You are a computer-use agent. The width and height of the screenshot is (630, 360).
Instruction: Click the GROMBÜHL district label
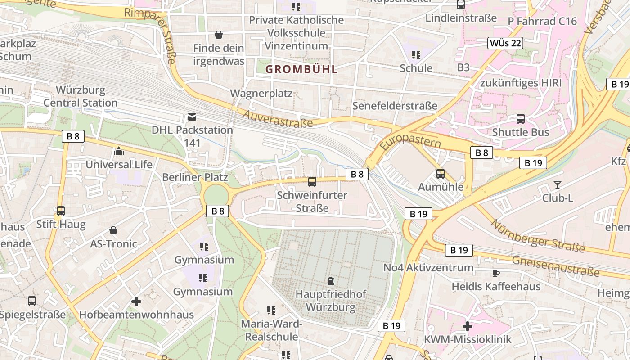[x=301, y=69]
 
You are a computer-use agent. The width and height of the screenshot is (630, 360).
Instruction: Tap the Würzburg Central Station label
[x=81, y=96]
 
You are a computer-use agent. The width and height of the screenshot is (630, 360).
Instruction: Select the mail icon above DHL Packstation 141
[x=192, y=117]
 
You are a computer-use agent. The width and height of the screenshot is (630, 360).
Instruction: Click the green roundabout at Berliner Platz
[x=216, y=195]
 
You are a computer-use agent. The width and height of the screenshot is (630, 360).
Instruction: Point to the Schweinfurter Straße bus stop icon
[x=312, y=182]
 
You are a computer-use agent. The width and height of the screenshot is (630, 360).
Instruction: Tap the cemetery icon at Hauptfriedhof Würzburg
[x=331, y=281]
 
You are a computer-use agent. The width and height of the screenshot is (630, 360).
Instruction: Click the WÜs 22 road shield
[x=505, y=43]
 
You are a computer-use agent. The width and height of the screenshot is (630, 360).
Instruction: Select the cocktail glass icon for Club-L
[x=558, y=185]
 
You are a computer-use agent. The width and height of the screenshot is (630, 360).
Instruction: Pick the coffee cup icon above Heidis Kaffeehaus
[x=495, y=273]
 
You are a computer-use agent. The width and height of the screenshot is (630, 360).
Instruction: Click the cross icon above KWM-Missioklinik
[x=468, y=326]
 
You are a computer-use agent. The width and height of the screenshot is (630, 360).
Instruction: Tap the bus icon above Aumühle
[x=440, y=174]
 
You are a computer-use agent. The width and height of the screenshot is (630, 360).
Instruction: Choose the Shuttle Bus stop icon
[x=520, y=119]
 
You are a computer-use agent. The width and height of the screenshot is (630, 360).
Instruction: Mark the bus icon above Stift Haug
[x=60, y=211]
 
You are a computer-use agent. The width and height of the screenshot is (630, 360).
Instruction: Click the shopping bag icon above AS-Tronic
[x=113, y=230]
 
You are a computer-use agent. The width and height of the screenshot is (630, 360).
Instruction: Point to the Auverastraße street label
[x=278, y=118]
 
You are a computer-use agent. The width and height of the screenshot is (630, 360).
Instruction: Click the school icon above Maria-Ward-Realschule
[x=271, y=310]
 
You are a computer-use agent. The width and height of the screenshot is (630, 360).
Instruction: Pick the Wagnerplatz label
[x=261, y=94]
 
